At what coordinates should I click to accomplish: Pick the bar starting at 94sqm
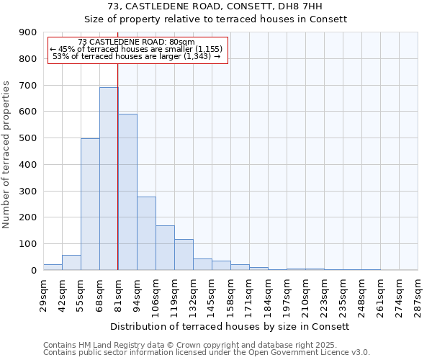point(146,233)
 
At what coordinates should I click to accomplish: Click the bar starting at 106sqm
point(165,248)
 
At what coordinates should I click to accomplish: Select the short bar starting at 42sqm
point(71,263)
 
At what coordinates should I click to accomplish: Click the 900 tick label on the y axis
point(28,32)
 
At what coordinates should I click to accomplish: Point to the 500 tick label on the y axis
point(28,138)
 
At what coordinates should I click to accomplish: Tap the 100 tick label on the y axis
point(28,244)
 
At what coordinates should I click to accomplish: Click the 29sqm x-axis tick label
point(43,293)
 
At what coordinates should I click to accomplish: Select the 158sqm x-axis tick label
point(230,293)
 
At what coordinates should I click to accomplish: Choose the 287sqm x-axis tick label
point(418,293)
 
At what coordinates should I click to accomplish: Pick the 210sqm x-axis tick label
point(305,293)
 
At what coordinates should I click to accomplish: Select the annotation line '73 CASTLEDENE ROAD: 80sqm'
point(136,42)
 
